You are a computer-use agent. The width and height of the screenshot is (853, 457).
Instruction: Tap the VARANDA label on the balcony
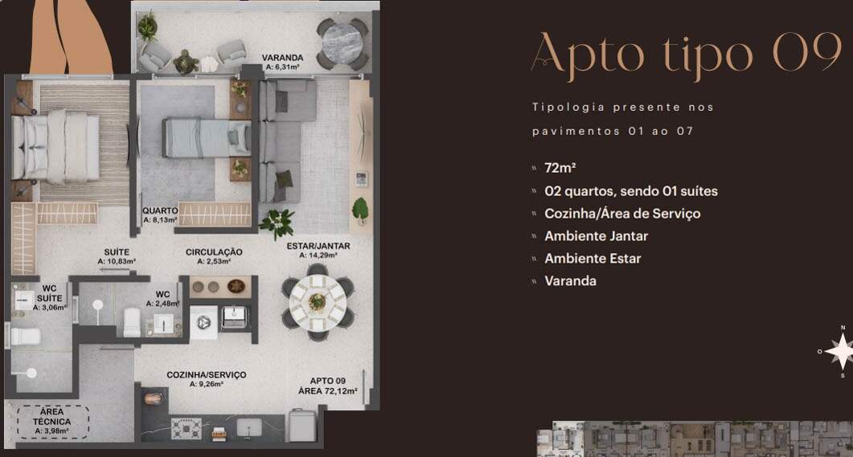(x=282, y=58)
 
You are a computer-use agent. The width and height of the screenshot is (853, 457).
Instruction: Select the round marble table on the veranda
(x=342, y=44)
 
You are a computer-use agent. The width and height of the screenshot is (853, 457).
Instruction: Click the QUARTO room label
(x=161, y=210)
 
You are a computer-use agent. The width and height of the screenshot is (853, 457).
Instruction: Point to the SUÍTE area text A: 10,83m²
(x=117, y=261)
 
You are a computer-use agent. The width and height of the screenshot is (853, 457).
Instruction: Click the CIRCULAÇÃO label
(x=214, y=252)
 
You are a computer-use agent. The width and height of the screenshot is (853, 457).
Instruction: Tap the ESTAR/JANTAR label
(x=318, y=246)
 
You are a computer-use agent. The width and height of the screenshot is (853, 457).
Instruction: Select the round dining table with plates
(x=318, y=302)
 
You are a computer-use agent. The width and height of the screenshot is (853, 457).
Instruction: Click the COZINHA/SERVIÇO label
(x=206, y=375)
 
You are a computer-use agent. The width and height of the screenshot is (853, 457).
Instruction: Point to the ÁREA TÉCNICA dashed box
(x=52, y=422)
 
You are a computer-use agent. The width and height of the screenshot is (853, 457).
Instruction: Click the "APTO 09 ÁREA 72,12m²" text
(x=327, y=386)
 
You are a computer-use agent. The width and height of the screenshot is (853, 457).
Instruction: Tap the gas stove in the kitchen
(x=186, y=429)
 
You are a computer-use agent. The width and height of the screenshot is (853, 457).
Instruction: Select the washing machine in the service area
(x=203, y=323)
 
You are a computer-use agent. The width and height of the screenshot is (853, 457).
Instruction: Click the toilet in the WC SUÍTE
(x=25, y=337)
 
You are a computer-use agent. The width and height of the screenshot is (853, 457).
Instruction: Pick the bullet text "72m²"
(x=560, y=168)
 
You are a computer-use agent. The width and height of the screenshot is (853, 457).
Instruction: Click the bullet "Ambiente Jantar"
(x=597, y=236)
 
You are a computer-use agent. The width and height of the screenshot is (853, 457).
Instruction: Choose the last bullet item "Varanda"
(x=570, y=281)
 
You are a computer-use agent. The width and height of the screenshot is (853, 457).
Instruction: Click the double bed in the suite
(x=56, y=147)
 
